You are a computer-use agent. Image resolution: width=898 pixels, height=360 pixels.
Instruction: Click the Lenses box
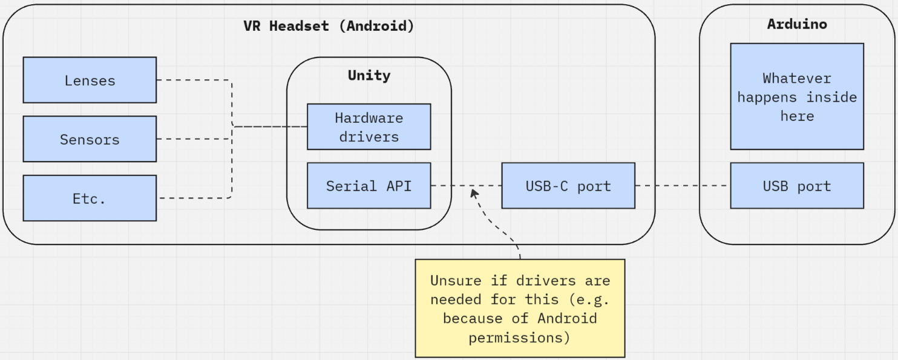(90, 80)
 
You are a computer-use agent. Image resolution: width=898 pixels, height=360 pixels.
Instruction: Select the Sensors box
(90, 139)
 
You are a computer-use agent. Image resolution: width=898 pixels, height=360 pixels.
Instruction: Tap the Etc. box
(90, 198)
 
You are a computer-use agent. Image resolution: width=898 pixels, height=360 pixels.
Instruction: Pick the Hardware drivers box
(369, 126)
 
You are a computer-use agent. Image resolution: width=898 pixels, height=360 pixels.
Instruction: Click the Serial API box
(369, 185)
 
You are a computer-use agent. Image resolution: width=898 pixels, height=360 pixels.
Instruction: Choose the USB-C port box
(568, 185)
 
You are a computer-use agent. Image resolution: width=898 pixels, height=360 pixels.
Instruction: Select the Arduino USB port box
(796, 185)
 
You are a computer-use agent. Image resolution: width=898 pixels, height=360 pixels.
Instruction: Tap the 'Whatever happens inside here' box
(796, 96)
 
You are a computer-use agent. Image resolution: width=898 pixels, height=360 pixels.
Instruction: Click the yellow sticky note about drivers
(520, 308)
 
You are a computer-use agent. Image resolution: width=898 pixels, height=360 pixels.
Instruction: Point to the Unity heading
(369, 76)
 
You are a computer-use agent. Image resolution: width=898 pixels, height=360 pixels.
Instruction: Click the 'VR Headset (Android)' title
(329, 26)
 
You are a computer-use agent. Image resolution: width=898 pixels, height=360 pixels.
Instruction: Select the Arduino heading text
(796, 24)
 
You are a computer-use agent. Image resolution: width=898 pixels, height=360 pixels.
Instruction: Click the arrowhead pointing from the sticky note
(474, 193)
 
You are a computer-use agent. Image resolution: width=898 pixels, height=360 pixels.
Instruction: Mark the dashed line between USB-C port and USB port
(683, 186)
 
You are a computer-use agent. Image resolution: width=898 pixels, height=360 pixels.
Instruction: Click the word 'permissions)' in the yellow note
(519, 337)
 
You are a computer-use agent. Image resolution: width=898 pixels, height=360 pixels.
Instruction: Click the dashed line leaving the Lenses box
(194, 80)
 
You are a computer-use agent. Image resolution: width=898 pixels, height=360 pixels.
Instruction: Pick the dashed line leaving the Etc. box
(194, 198)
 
